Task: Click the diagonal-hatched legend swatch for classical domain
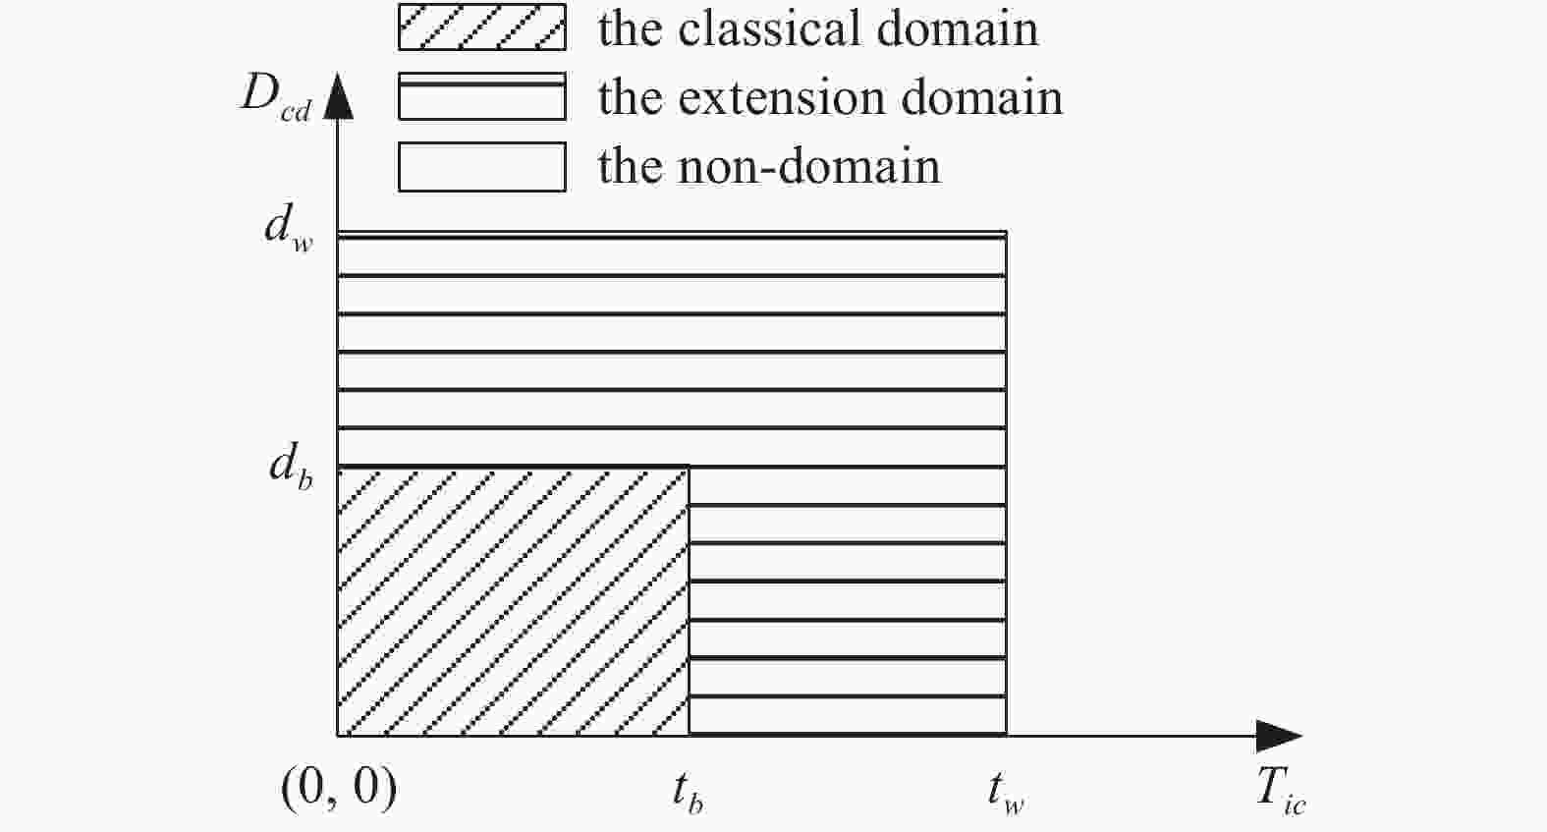point(482,28)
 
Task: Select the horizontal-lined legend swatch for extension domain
point(482,96)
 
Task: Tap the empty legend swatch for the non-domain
point(482,167)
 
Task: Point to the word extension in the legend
point(783,97)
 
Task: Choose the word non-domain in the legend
point(808,166)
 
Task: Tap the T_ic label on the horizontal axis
point(1281,792)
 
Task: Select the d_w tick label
point(290,228)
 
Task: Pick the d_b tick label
point(291,466)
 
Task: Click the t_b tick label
point(689,792)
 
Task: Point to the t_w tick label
point(1006,793)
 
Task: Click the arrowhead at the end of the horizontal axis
point(1279,736)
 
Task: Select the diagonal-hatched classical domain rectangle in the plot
point(513,601)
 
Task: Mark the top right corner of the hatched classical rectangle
point(690,467)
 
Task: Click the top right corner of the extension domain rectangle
point(1006,233)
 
